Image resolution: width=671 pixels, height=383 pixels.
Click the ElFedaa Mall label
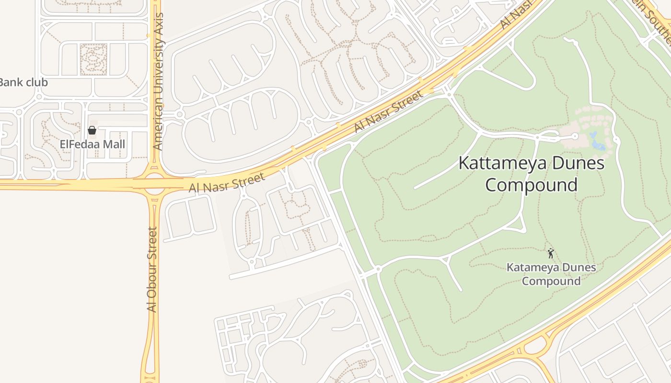pos(92,144)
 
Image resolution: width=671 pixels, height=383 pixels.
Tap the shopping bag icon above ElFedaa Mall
pos(92,130)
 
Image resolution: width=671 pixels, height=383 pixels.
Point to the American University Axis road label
pos(158,81)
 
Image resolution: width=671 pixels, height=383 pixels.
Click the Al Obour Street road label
pos(152,270)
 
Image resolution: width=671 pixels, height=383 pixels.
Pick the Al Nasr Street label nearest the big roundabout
pos(227,182)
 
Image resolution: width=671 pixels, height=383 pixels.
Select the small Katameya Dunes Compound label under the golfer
pos(551,274)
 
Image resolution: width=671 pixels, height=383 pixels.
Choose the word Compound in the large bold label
pos(531,185)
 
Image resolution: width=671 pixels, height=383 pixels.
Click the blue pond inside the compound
pos(596,142)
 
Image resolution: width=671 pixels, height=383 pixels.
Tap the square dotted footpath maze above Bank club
pos(93,59)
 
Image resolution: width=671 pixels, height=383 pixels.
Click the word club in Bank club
pos(36,82)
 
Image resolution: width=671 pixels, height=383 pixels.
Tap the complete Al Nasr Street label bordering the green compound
pos(389,112)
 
